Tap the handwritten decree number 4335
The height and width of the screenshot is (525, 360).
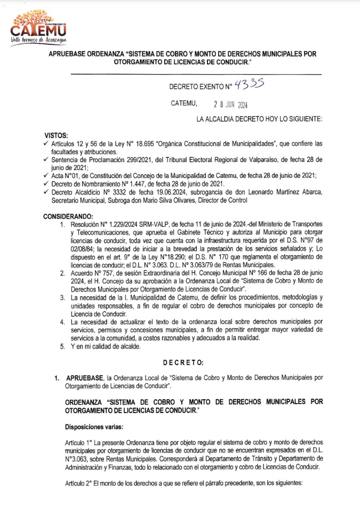250,83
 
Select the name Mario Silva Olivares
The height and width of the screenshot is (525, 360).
162,200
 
